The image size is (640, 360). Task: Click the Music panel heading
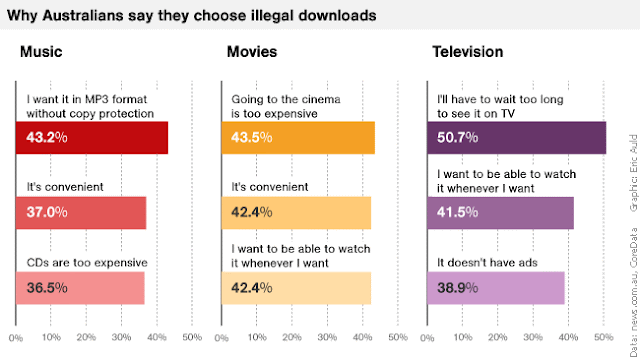(x=41, y=52)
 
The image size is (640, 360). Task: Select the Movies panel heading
(x=252, y=52)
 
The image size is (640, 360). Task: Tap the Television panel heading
(x=468, y=52)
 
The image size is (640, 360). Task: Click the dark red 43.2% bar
(x=92, y=138)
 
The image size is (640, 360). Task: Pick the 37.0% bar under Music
(x=81, y=213)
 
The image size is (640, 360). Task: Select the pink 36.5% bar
(x=80, y=288)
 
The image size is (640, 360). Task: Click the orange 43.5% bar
(x=298, y=138)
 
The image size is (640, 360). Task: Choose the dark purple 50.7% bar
(x=517, y=138)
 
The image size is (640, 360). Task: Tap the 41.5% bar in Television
(x=500, y=213)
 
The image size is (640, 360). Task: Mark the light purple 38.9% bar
(x=496, y=288)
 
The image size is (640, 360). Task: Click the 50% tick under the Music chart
(x=192, y=338)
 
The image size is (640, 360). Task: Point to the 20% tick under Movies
(x=292, y=338)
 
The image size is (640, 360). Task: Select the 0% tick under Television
(x=427, y=338)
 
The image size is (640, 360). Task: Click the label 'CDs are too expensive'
(x=87, y=262)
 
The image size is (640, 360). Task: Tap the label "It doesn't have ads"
(x=487, y=262)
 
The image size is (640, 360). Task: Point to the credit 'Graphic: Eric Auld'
(x=633, y=173)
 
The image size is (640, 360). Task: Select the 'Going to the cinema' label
(x=286, y=99)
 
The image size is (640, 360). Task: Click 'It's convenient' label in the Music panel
(x=65, y=187)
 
